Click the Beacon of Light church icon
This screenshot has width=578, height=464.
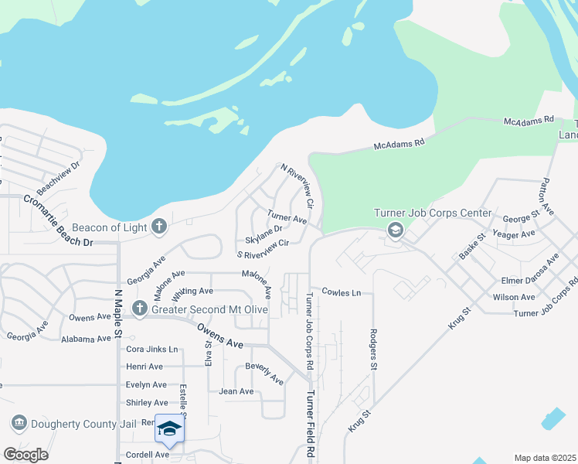point(159,227)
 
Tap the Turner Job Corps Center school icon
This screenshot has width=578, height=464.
point(396,229)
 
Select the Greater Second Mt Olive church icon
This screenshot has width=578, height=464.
point(140,309)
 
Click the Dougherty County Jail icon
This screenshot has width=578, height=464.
point(19,423)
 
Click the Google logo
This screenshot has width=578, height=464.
point(25,455)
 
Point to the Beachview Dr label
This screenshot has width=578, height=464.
point(59,177)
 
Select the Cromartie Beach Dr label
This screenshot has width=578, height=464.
point(57,220)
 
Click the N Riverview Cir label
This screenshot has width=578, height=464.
point(297,185)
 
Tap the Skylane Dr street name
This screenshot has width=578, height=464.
point(264,230)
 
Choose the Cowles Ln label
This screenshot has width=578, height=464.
point(342,293)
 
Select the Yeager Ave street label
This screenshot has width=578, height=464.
point(513,234)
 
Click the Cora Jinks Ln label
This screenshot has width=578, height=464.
point(151,350)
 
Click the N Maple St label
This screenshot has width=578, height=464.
point(118,314)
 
